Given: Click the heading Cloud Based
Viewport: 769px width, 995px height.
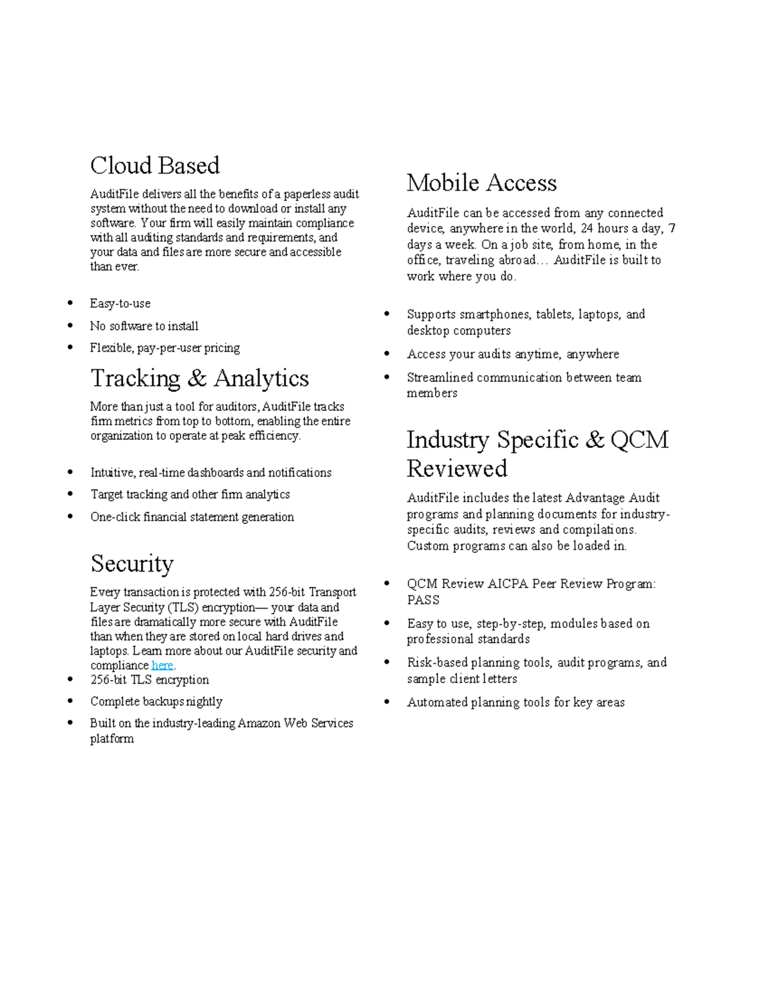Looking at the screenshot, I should [x=154, y=166].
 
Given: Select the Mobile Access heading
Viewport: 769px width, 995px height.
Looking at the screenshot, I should [x=481, y=183].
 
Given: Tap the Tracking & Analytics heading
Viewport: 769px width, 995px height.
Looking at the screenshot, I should [x=199, y=379].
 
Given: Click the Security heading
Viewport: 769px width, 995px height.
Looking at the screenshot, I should [x=132, y=564].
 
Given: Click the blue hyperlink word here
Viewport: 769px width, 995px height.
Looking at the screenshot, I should [x=162, y=666].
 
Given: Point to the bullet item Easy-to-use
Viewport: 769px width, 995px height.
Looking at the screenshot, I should [x=120, y=304].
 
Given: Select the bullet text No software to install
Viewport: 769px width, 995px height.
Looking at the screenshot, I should [x=144, y=326].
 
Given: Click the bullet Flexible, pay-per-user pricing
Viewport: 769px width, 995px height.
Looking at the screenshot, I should [x=165, y=348].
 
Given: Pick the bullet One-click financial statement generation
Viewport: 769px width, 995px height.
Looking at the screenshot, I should [x=192, y=517].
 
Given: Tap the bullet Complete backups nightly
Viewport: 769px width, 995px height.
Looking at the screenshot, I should [x=156, y=702].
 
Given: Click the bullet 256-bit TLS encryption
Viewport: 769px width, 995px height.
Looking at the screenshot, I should [x=149, y=680].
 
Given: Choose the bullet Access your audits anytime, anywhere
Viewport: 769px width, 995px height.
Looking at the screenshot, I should [x=513, y=354].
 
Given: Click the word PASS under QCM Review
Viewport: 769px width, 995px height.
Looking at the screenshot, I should [x=423, y=600].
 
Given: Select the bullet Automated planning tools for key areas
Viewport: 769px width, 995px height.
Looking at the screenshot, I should [x=515, y=702].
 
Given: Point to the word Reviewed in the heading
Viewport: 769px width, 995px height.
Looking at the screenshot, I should [x=457, y=469].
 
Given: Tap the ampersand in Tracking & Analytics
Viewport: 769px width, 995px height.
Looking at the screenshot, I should [x=197, y=379].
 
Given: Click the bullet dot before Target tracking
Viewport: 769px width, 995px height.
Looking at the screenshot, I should [x=70, y=495].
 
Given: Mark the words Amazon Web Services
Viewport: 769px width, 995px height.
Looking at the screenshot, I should [x=295, y=723].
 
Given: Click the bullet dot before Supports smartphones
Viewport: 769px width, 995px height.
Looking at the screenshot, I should [x=387, y=314].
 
